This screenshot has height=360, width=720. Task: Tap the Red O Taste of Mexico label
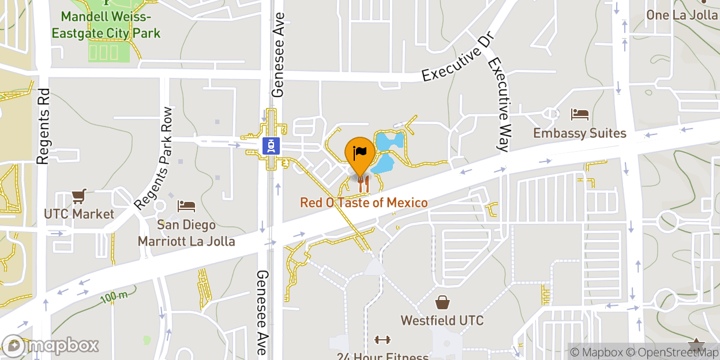[363, 203]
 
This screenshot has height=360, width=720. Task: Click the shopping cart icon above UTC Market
[80, 196]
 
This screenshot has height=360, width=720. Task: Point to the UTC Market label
[79, 214]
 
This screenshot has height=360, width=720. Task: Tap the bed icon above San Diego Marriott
[186, 205]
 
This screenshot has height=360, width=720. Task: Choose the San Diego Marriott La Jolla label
[186, 232]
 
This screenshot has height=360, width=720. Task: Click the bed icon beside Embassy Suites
[579, 114]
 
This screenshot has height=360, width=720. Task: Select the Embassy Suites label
[579, 133]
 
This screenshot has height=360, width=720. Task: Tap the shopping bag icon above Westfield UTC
[442, 302]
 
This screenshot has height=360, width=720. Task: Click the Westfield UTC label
[442, 320]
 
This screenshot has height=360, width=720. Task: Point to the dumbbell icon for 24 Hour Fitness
[382, 340]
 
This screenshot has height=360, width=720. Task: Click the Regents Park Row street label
[153, 159]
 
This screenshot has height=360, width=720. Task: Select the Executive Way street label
[498, 104]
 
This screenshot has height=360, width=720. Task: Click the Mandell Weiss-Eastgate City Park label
[106, 25]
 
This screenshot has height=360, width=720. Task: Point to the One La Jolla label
[681, 15]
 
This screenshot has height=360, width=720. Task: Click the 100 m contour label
[114, 297]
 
